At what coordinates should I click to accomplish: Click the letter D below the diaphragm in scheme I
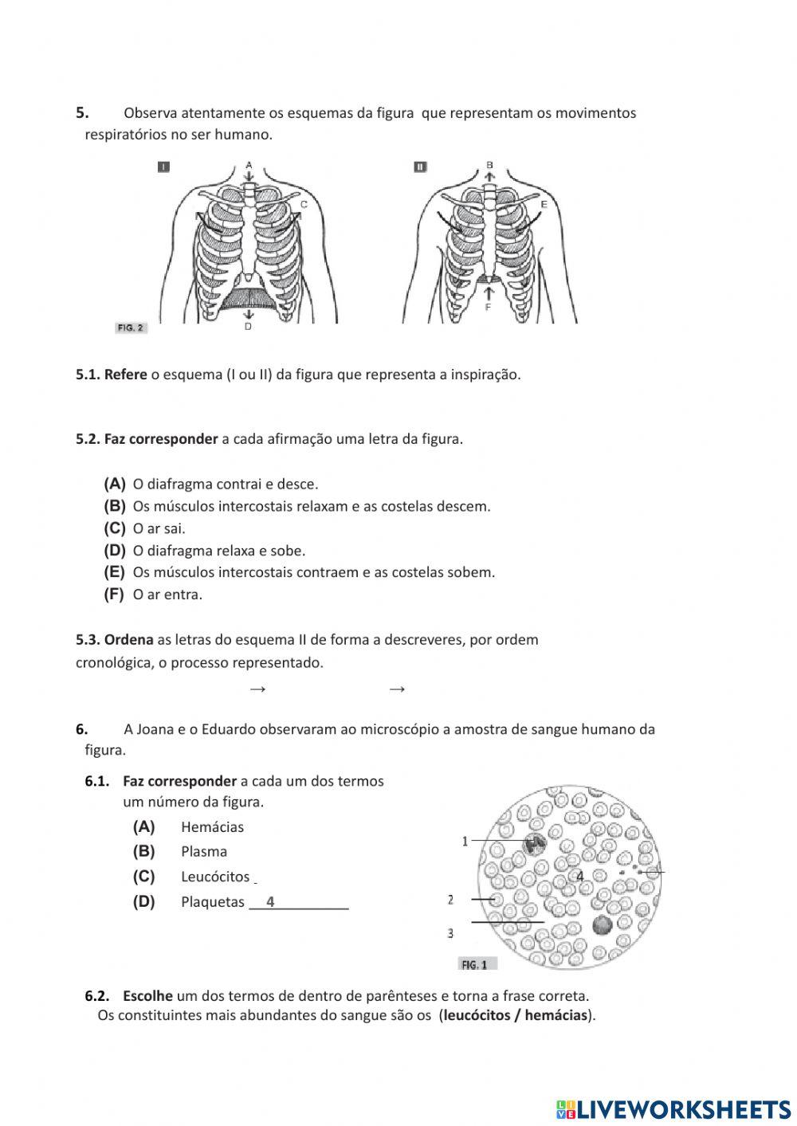(248, 327)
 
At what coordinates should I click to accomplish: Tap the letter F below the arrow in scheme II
(488, 306)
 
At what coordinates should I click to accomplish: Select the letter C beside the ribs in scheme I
(304, 205)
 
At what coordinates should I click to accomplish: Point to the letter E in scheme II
(544, 205)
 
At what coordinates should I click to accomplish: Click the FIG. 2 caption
(131, 328)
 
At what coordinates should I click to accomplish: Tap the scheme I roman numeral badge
(163, 167)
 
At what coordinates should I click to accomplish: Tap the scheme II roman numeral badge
(420, 167)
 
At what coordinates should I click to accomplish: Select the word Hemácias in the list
(212, 827)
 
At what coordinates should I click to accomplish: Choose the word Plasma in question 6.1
(204, 852)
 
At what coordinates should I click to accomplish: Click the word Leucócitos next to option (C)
(215, 877)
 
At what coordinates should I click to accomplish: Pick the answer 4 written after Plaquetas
(271, 901)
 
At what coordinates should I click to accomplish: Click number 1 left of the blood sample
(465, 841)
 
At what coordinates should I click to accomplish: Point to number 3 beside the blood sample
(450, 932)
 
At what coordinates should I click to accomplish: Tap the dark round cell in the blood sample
(602, 924)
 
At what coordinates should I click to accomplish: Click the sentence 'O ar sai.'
(159, 528)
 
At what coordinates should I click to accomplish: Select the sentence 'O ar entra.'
(167, 594)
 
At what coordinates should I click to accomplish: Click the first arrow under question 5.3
(257, 689)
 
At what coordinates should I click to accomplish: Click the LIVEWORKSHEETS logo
(673, 1109)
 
